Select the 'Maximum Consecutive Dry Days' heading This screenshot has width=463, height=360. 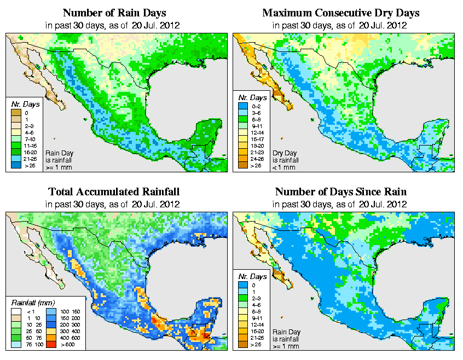tap(340, 13)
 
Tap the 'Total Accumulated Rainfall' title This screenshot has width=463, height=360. tap(114, 192)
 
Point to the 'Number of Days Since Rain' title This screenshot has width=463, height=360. tap(340, 192)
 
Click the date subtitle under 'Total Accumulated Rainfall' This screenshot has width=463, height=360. tap(114, 204)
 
